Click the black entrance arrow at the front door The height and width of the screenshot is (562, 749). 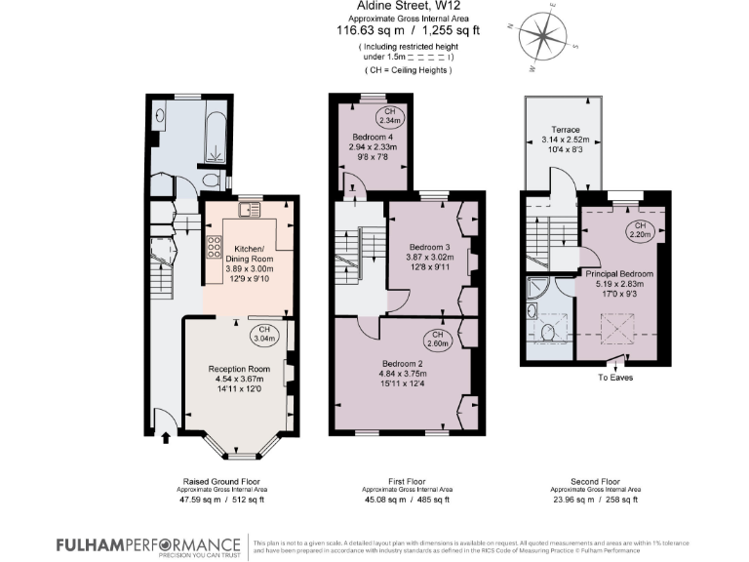point(164,438)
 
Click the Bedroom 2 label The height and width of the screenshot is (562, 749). point(401,361)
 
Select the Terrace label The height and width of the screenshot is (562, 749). point(566,129)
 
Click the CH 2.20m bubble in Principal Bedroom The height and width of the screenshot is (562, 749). point(641,230)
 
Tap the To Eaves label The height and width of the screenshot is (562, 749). point(615,376)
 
